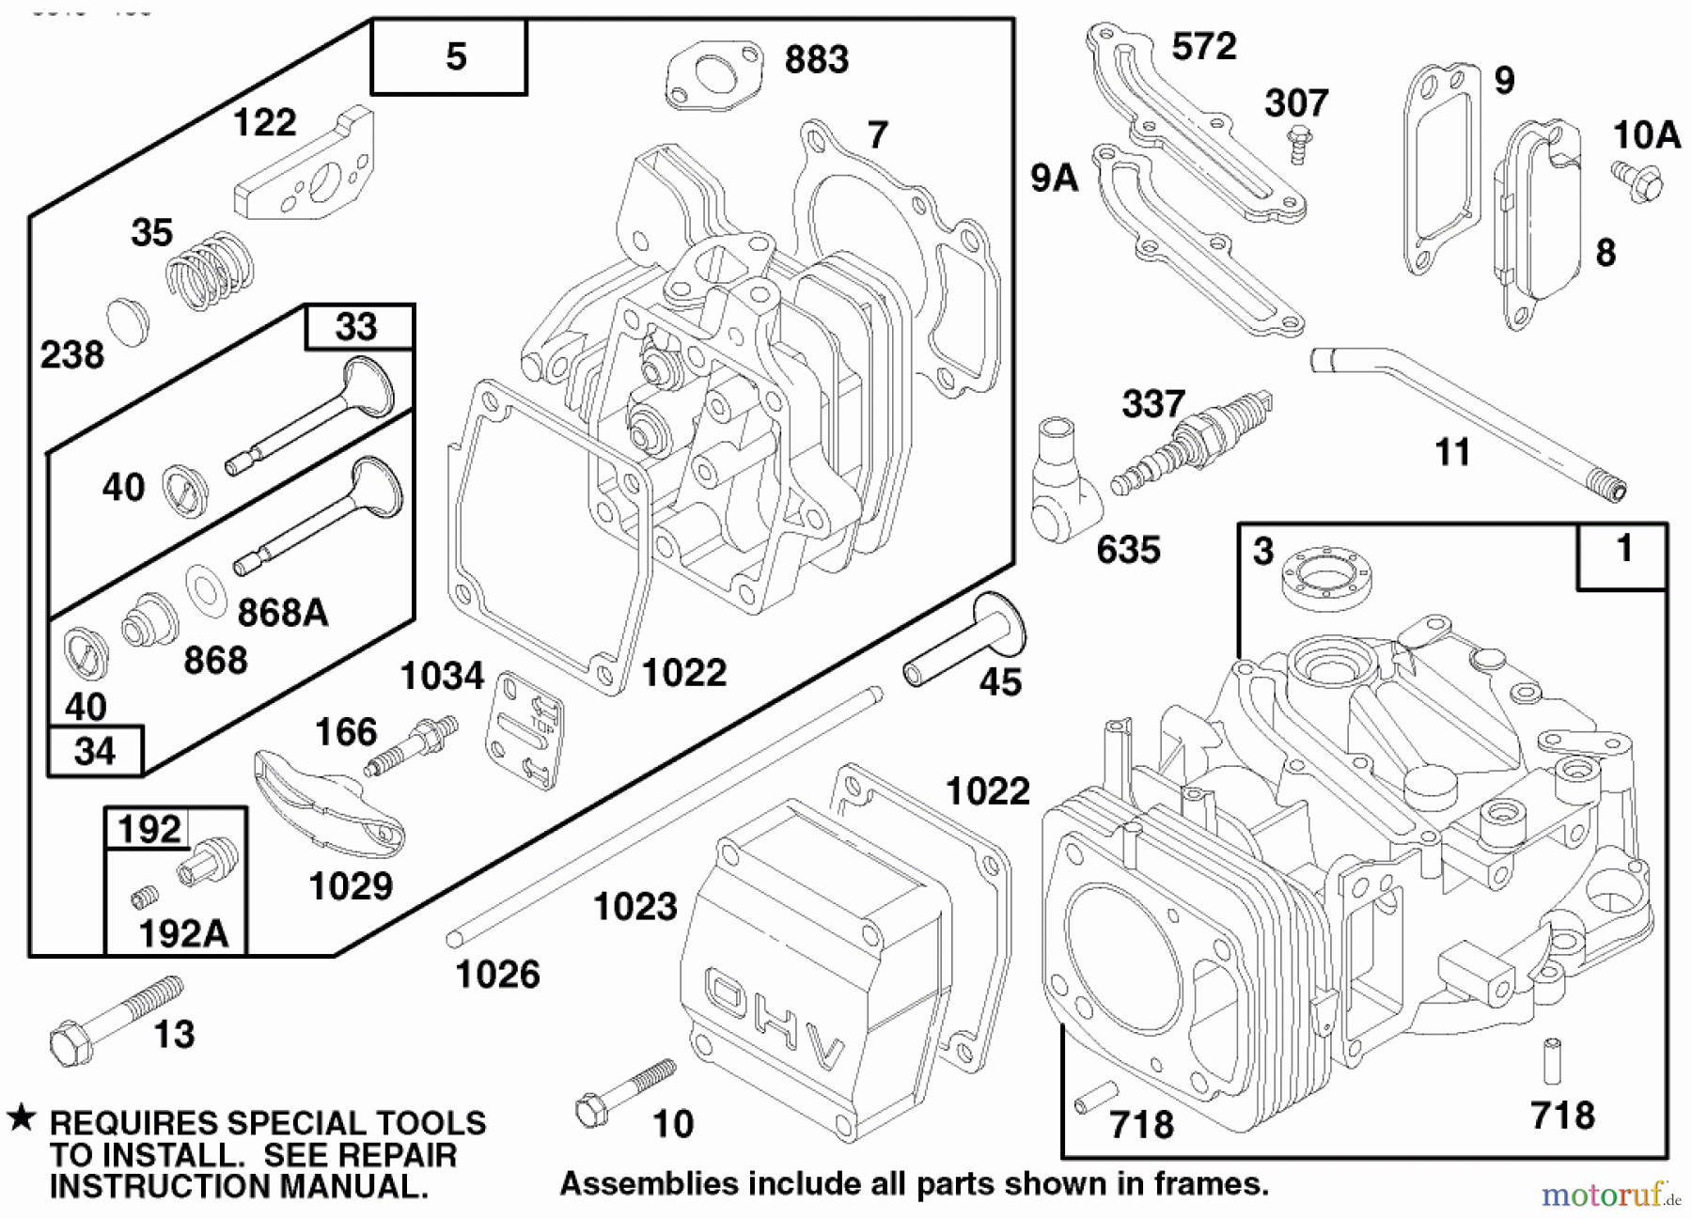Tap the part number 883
(816, 60)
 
